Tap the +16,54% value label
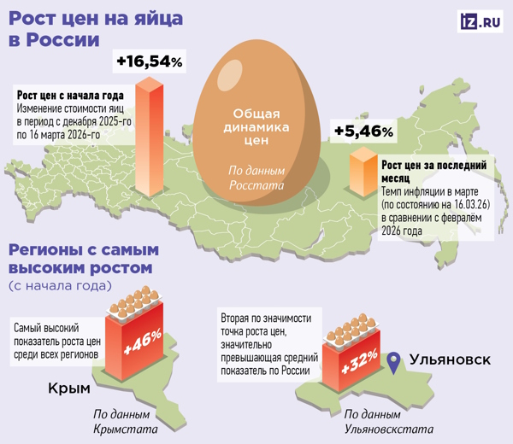(150, 61)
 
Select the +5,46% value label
(363, 131)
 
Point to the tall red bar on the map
(150, 137)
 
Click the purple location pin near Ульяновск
(393, 362)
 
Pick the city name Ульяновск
(451, 359)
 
